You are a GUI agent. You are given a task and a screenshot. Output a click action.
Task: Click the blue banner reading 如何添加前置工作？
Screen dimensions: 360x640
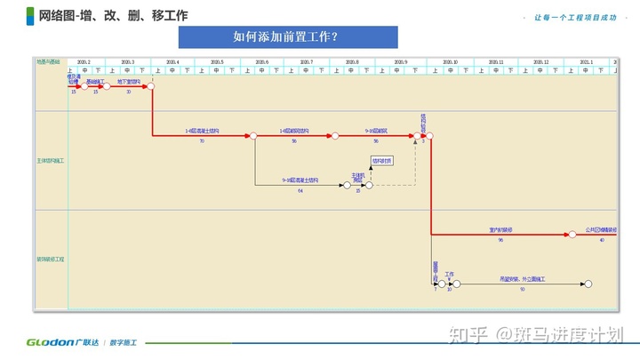pyautogui.click(x=287, y=37)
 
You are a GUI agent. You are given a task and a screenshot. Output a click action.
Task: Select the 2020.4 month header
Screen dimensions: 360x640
pyautogui.click(x=172, y=62)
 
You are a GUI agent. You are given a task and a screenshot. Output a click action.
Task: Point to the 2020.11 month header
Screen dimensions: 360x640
pyautogui.click(x=495, y=62)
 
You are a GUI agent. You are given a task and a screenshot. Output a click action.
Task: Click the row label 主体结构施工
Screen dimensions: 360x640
pyautogui.click(x=51, y=160)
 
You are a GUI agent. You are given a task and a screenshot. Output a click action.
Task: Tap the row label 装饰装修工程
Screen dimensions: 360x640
pyautogui.click(x=51, y=259)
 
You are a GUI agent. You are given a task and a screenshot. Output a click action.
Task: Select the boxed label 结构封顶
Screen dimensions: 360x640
pyautogui.click(x=381, y=161)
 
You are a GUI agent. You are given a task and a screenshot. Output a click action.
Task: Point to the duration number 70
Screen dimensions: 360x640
pyautogui.click(x=202, y=141)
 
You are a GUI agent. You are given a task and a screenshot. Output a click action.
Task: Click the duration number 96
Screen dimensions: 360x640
pyautogui.click(x=500, y=240)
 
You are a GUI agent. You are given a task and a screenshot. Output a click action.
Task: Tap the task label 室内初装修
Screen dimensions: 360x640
pyautogui.click(x=501, y=229)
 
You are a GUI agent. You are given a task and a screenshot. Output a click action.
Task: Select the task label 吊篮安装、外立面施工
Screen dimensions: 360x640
pyautogui.click(x=522, y=278)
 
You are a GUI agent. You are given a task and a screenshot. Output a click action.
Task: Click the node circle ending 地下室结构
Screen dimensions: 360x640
pyautogui.click(x=152, y=86)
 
